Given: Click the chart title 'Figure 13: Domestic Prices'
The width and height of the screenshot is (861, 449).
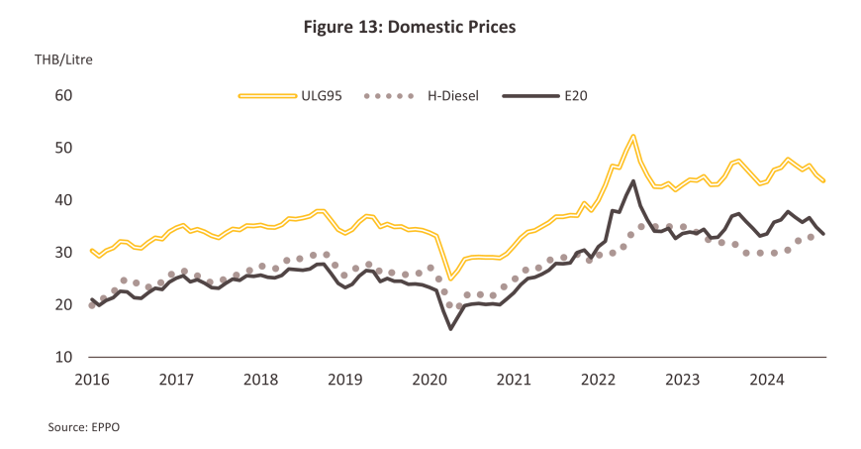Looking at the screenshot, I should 410,27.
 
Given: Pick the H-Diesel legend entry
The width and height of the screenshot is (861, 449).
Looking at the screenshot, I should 423,96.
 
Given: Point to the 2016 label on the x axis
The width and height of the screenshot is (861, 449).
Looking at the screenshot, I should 91,379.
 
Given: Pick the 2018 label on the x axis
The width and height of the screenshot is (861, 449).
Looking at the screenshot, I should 260,379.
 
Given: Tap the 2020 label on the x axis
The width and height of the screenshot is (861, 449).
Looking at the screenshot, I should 430,379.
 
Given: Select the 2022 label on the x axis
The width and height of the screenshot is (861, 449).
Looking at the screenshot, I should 598,379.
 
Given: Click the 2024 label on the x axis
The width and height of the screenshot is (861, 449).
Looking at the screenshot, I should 767,379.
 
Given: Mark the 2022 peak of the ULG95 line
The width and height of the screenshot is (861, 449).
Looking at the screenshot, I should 632,136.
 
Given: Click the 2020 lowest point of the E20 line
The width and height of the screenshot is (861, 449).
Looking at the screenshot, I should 451,328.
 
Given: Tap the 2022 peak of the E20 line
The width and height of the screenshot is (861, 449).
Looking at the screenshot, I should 633,180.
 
